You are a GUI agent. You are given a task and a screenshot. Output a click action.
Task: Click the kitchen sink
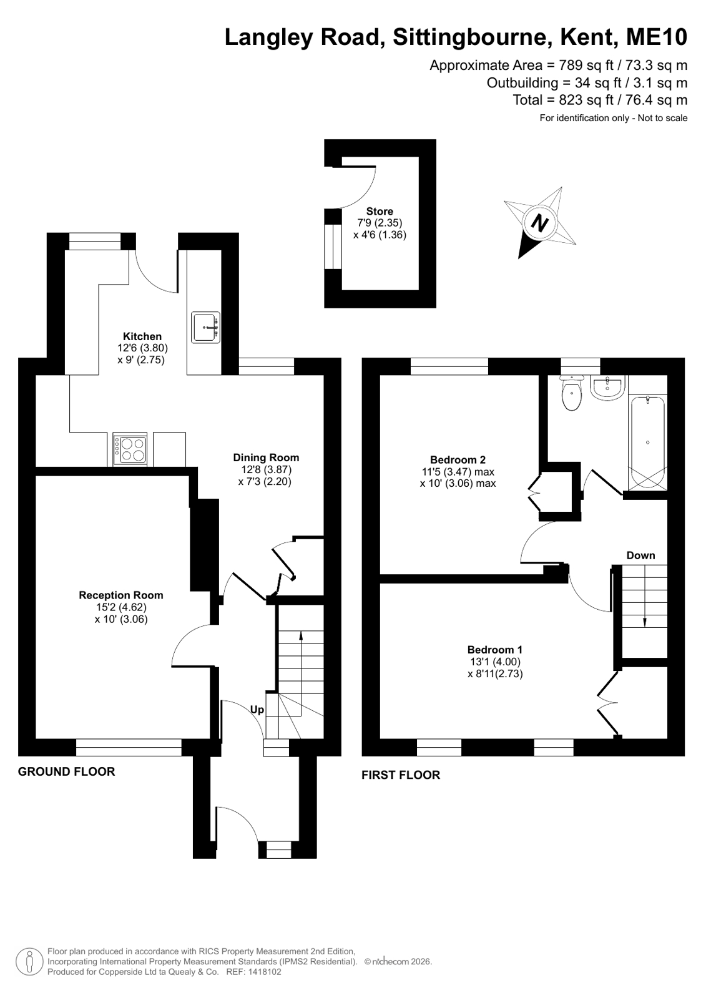[x=205, y=328]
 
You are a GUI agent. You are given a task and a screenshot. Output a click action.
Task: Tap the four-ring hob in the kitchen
[x=130, y=449]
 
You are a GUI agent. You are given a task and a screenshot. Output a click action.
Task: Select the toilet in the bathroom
[x=571, y=393]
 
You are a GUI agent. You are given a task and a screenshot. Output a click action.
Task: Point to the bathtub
[x=647, y=443]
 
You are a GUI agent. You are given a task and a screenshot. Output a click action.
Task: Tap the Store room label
[x=380, y=211]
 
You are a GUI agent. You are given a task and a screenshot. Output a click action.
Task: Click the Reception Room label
[x=120, y=595]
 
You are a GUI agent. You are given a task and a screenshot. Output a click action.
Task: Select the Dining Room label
[x=266, y=457]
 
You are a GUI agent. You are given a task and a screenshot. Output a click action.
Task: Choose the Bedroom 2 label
[x=458, y=459]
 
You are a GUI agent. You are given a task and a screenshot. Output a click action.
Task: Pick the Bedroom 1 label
[x=495, y=650]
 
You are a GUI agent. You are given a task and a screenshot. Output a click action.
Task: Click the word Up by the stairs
[x=257, y=709]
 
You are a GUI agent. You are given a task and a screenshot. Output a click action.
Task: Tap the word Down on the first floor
[x=640, y=555]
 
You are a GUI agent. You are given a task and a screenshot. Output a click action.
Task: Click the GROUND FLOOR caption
[x=66, y=771]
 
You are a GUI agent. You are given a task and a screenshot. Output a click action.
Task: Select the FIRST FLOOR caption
[x=401, y=775]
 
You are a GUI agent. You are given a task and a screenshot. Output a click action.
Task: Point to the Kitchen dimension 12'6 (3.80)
[x=142, y=348]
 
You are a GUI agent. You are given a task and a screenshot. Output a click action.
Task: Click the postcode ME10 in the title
[x=657, y=37]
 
